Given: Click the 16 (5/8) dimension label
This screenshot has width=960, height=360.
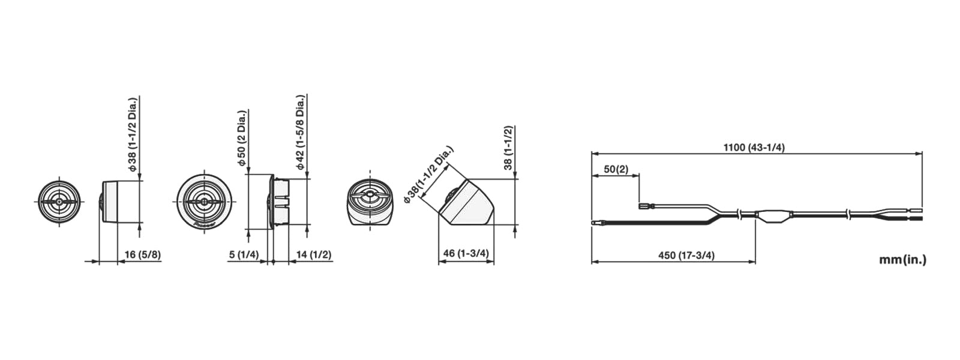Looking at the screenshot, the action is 143,254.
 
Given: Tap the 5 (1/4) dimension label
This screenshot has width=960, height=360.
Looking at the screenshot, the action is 244,254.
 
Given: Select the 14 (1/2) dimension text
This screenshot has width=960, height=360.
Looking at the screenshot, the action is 314,254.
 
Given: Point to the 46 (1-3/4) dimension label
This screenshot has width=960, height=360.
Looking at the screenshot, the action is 466,253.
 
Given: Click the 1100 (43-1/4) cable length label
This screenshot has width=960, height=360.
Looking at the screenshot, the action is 754,148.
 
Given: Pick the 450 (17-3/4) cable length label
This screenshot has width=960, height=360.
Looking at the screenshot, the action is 686,256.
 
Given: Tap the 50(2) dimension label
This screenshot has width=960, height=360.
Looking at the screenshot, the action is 616,169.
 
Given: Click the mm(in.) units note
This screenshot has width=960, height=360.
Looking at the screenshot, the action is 902,260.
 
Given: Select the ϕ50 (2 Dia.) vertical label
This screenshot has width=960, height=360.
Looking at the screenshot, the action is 242,139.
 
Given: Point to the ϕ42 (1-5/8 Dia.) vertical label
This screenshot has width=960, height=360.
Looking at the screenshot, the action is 300,132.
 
